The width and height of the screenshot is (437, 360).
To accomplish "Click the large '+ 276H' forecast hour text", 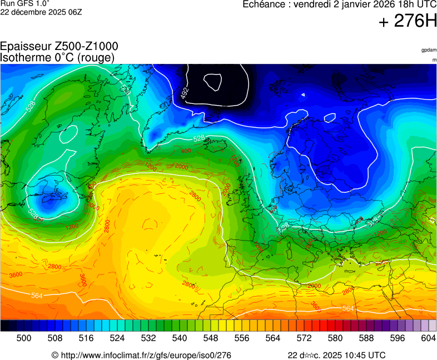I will pos(407,21).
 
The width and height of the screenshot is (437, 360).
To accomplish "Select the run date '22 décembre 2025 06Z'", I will pos(41,12).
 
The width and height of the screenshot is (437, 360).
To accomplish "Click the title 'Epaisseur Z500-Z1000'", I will pos(59,47).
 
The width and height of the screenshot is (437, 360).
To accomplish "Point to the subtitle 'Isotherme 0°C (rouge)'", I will pos(57,57).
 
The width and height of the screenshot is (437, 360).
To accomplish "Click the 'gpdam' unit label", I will pos(429,50).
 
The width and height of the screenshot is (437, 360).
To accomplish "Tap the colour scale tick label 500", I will pos(24,338).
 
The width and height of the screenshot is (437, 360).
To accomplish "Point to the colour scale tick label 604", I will pos(429,338).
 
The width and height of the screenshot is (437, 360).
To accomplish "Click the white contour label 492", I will pos(185,93).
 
